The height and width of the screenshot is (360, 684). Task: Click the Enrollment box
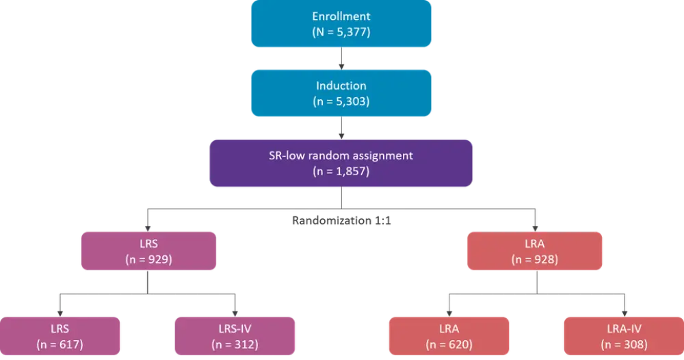coord(341,23)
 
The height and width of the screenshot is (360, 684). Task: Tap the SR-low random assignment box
coord(341,164)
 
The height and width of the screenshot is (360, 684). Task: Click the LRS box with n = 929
coord(148,250)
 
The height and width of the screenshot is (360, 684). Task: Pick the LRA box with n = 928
coord(536,250)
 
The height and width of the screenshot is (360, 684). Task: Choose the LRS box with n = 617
coord(62,335)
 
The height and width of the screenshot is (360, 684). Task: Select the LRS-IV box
coord(235,335)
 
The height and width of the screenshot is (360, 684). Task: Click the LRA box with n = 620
coord(447,335)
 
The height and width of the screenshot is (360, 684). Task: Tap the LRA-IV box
coord(622,335)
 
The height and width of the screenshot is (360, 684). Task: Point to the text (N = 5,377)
coord(341,31)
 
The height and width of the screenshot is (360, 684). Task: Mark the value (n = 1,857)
coord(341,172)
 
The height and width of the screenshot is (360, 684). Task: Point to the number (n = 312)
coord(235,343)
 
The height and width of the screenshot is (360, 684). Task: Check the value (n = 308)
coord(622,343)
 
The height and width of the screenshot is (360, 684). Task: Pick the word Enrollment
coord(341,15)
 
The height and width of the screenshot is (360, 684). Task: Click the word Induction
coord(341,87)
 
